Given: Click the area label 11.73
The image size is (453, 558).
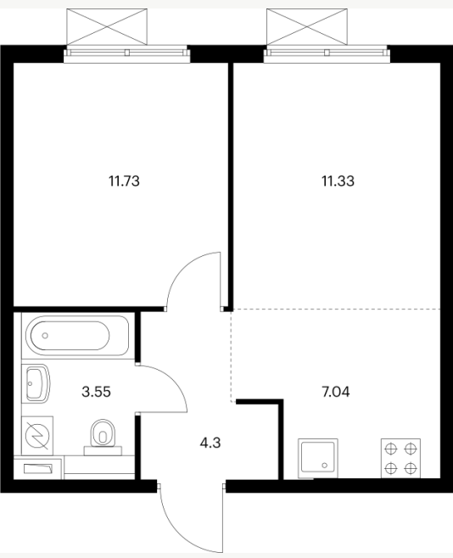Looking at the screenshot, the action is [124, 181].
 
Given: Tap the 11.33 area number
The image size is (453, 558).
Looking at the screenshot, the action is [338, 181].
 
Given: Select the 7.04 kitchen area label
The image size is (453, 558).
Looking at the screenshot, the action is [336, 392].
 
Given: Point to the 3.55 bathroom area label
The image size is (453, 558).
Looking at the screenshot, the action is [96, 392].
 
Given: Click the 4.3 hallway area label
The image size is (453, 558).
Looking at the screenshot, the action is [210, 443].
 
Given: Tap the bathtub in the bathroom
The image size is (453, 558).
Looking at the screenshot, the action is [75, 336].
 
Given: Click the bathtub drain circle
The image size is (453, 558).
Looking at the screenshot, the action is [45, 336].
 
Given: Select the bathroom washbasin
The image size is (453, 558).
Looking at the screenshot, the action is [36, 383].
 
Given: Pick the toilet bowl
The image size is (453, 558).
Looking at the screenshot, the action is [103, 433].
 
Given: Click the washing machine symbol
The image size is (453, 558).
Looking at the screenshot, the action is [37, 436].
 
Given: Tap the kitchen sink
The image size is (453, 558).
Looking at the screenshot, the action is [318, 458].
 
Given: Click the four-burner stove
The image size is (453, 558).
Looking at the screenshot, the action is [400, 458].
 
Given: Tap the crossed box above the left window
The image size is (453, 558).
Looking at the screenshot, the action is [107, 27].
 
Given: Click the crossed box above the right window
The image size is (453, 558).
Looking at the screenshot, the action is [307, 27].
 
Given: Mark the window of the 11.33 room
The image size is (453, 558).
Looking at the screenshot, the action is [327, 53].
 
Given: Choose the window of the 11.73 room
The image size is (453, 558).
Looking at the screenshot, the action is [127, 53].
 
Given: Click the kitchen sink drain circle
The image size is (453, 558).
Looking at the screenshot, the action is [325, 465].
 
